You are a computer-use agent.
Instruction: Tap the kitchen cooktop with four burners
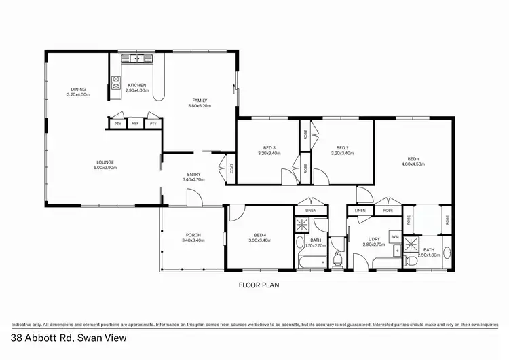tap(116, 84)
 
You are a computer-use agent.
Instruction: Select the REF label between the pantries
tap(135, 124)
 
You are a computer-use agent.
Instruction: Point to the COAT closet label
tap(232, 169)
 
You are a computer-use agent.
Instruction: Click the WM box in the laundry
tap(394, 236)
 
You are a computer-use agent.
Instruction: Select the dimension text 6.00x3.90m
tap(105, 168)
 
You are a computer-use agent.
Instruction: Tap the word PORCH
tap(191, 235)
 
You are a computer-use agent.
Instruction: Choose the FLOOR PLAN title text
tap(258, 285)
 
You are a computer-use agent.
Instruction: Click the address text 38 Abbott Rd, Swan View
tap(68, 337)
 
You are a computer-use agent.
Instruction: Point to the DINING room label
tap(79, 89)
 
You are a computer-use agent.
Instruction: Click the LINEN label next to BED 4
tap(311, 211)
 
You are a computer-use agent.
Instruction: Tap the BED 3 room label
tap(269, 147)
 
